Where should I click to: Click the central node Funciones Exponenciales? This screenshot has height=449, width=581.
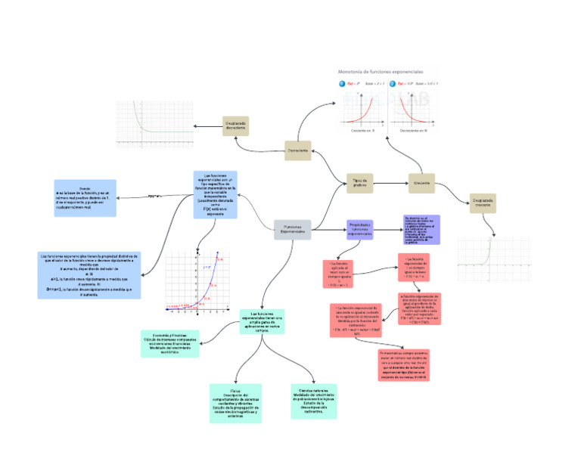tap(293, 229)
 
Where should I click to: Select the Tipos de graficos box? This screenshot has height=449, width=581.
tap(359, 182)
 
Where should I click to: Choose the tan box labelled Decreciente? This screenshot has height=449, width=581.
tap(297, 150)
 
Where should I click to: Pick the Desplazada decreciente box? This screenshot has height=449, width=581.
tap(235, 125)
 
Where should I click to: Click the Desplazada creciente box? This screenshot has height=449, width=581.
tap(483, 203)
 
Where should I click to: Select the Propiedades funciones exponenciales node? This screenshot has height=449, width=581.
tap(360, 230)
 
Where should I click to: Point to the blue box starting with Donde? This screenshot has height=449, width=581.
tap(85, 198)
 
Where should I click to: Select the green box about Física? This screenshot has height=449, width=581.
tap(235, 403)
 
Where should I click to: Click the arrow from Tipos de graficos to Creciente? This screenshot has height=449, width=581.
tap(390, 183)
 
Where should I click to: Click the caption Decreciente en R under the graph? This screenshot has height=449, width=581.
tap(414, 131)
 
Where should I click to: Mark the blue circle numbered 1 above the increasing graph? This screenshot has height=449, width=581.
tap(342, 83)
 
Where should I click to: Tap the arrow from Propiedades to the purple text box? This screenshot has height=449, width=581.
tap(389, 227)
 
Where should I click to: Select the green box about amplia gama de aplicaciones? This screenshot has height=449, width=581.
tap(262, 321)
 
